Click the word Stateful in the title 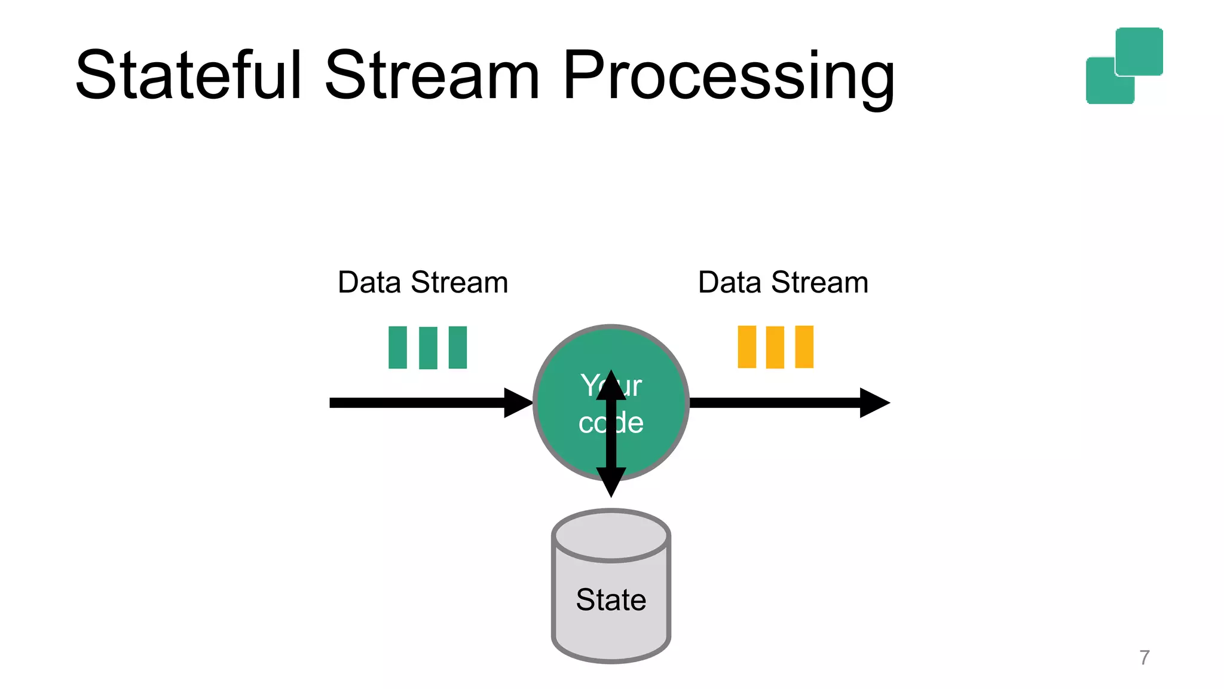tap(188, 75)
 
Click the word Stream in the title tap(432, 75)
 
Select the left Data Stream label tap(423, 282)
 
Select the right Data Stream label tap(783, 282)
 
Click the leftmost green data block tap(397, 347)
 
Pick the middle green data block tap(428, 347)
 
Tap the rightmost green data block tap(458, 347)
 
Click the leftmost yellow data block tap(747, 346)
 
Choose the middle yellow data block tap(775, 347)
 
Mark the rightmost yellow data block tap(804, 346)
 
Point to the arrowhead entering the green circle tap(517, 403)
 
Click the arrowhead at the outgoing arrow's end tap(874, 403)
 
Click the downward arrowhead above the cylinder tap(611, 481)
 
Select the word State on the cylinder tap(611, 599)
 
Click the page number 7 tap(1144, 657)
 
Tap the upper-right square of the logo tap(1139, 51)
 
